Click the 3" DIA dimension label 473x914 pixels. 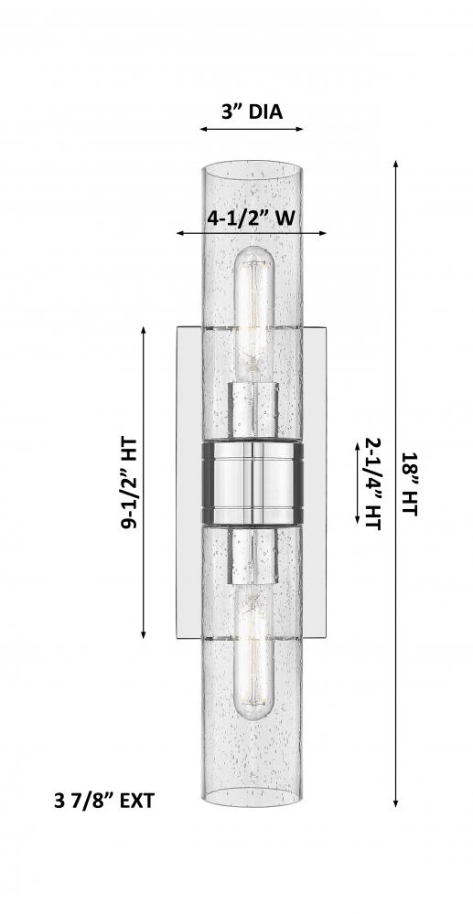click(x=252, y=111)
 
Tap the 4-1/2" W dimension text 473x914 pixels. click(x=251, y=218)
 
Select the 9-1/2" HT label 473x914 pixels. click(x=129, y=483)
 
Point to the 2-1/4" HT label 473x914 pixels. click(x=372, y=484)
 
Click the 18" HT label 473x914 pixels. click(x=410, y=484)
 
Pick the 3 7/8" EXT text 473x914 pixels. click(x=104, y=801)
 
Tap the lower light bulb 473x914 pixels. click(x=253, y=655)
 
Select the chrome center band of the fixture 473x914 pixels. click(x=253, y=482)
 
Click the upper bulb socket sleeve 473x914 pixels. click(x=253, y=409)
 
